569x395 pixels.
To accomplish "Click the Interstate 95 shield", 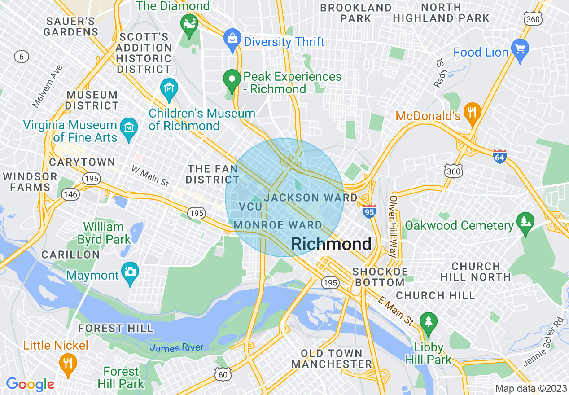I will [x=369, y=211].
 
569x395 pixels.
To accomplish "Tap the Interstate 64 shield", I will [x=499, y=157].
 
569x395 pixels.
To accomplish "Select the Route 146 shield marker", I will [x=71, y=194].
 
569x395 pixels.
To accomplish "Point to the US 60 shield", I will [x=223, y=373].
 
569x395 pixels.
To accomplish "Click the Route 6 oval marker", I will [x=21, y=57].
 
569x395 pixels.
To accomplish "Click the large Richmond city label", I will [x=331, y=244].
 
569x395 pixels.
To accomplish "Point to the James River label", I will [x=176, y=347].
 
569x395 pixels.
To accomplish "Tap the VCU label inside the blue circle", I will [x=250, y=206].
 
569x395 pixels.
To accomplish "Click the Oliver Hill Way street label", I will [x=393, y=227].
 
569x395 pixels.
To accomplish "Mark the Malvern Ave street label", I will [x=47, y=86].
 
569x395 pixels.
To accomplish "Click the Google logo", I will [x=30, y=384].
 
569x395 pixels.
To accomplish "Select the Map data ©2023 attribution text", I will [x=530, y=388].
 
